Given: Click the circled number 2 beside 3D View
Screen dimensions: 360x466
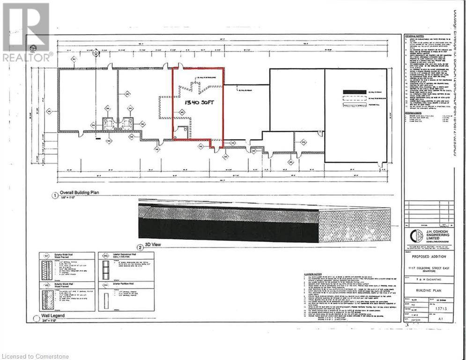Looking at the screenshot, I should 139,247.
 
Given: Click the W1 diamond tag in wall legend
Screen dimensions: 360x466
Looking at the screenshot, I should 45,257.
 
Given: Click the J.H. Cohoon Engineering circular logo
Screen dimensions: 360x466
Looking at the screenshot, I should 414,235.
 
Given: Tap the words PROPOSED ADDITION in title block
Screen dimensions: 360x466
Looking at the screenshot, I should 429,257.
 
